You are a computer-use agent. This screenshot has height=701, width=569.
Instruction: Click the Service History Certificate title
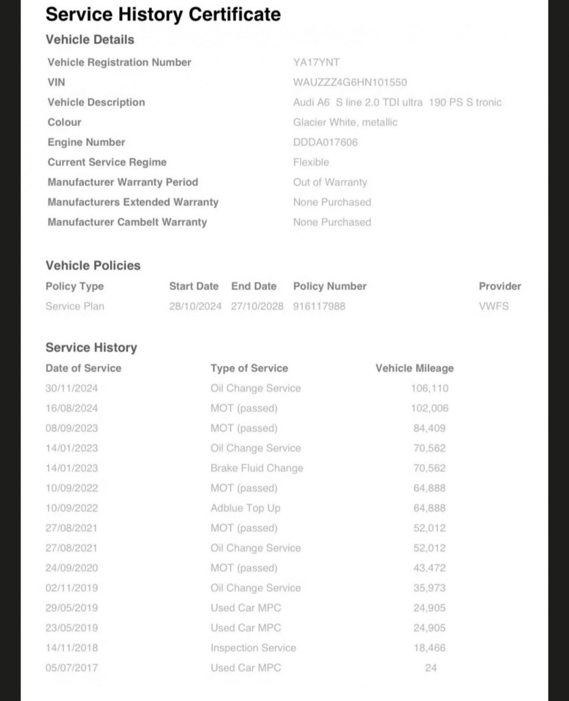point(163,14)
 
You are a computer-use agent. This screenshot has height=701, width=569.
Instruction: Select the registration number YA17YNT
point(316,62)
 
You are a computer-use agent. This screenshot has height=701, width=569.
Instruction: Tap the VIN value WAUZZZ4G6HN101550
point(350,82)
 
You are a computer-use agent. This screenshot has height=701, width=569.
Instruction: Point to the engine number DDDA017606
point(326,142)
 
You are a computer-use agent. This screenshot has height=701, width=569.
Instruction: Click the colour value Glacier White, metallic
point(345,122)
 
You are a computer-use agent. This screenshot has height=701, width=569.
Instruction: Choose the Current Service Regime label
point(107,162)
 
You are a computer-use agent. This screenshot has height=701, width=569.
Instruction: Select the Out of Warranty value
point(330,182)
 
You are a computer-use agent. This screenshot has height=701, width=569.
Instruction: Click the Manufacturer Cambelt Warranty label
point(127,222)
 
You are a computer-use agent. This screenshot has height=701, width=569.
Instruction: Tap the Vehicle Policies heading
point(93,266)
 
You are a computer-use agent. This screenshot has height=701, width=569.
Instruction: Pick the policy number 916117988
point(319,306)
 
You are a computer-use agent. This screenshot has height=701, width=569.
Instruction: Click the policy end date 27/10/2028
point(257,306)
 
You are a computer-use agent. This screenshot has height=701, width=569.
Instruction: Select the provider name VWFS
point(494,306)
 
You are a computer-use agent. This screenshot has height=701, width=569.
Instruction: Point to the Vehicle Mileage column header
point(415,368)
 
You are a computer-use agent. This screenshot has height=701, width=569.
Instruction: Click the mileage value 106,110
point(430,388)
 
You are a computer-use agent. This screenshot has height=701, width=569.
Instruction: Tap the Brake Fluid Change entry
point(257,468)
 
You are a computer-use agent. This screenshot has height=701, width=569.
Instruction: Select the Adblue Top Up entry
point(246,508)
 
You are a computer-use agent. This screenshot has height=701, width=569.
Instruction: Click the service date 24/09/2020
point(72,568)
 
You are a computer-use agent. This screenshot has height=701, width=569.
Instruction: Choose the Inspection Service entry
point(253,648)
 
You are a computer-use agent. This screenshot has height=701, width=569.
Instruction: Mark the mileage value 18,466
point(430,648)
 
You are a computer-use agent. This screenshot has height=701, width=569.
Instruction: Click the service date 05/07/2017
point(72,668)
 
